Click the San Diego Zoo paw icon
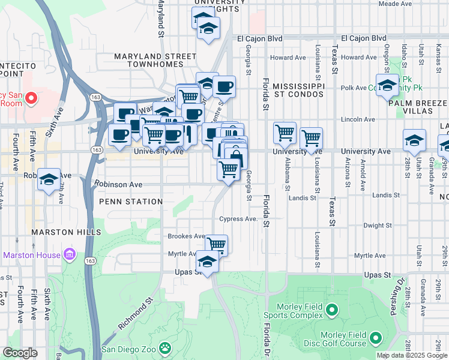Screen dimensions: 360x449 pyautogui.click(x=164, y=348)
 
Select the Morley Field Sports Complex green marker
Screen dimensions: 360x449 pyautogui.click(x=333, y=310)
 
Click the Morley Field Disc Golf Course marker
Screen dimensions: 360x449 pyautogui.click(x=376, y=338)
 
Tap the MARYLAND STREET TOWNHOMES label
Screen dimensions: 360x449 pyautogui.click(x=155, y=62)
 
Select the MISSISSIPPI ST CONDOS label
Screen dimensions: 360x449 pyautogui.click(x=298, y=90)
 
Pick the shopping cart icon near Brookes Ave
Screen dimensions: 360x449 pyautogui.click(x=216, y=244)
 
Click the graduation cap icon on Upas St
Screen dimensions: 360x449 pyautogui.click(x=207, y=262)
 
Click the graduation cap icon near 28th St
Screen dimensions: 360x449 pyautogui.click(x=414, y=140)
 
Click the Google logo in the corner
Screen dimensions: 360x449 pyautogui.click(x=20, y=353)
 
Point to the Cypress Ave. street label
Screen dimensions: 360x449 pyautogui.click(x=238, y=219)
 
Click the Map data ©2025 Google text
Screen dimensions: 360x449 pyautogui.click(x=411, y=355)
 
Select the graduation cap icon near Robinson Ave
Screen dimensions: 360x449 pyautogui.click(x=49, y=179)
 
